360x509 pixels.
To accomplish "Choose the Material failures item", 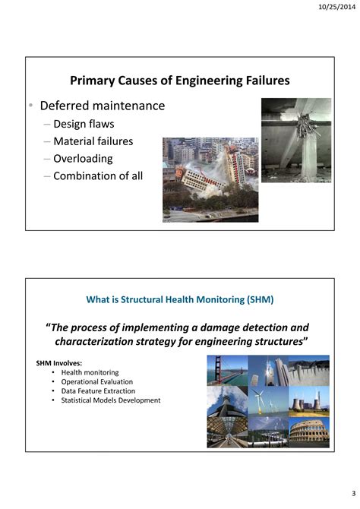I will click(93, 141).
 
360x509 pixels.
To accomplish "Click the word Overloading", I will click(83, 159).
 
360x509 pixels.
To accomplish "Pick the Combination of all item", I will click(98, 176).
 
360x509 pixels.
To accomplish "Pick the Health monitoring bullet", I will click(90, 372).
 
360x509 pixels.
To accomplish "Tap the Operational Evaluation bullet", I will click(96, 381).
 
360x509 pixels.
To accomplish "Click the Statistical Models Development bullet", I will click(110, 400).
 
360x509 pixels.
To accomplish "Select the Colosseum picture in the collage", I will click(309, 432).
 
